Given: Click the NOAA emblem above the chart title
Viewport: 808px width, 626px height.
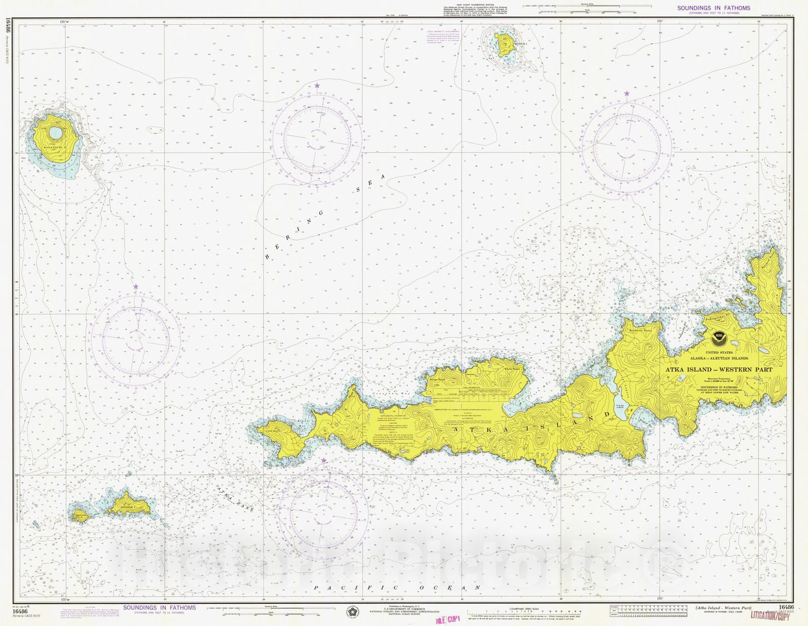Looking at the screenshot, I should pyautogui.click(x=719, y=337).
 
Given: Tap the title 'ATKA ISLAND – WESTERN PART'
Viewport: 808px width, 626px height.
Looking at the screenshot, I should pyautogui.click(x=719, y=369).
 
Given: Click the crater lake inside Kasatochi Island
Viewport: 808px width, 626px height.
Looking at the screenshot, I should pyautogui.click(x=56, y=133).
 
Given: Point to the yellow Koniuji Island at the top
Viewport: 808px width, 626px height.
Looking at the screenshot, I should pyautogui.click(x=503, y=44).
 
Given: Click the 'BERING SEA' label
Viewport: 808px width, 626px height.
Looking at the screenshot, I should pyautogui.click(x=323, y=217).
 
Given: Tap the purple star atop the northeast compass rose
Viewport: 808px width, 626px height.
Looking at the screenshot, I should pyautogui.click(x=627, y=93).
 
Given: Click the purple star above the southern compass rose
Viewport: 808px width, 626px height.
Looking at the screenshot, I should pyautogui.click(x=323, y=460).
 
